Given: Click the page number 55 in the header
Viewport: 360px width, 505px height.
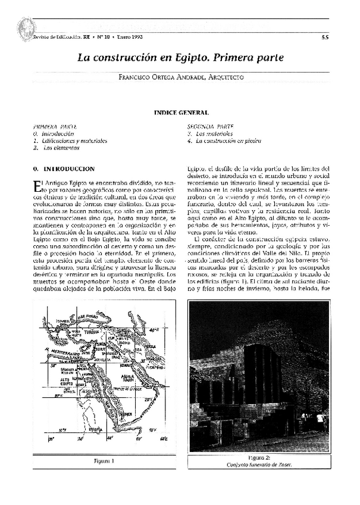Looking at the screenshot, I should click(x=325, y=37).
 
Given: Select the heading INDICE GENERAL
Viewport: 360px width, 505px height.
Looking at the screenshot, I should click(x=181, y=113).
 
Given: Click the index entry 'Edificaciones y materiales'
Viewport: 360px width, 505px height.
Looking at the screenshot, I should click(x=74, y=141).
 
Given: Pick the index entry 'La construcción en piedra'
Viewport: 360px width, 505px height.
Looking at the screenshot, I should click(x=220, y=141).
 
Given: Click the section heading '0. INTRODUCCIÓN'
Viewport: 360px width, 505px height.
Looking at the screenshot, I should click(x=65, y=169).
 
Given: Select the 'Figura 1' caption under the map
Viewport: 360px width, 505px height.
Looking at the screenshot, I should click(x=104, y=460).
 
